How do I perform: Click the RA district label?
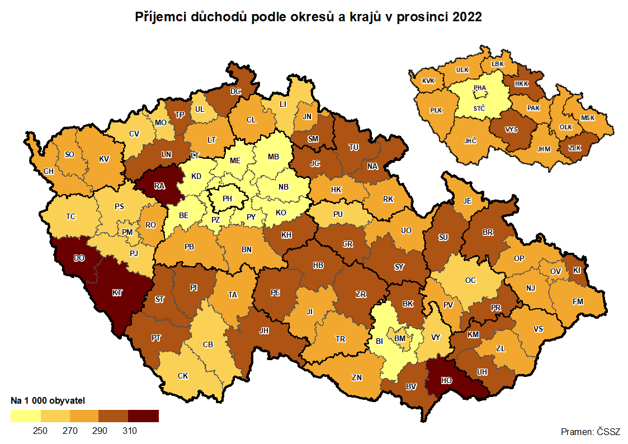point(159,186)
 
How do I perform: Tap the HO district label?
point(446,380)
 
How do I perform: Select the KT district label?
point(117,292)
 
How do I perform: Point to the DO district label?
point(79,258)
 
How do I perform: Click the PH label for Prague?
point(228,199)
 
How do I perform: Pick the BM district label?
point(400,338)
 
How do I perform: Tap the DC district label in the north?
point(236,91)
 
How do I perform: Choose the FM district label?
point(578,301)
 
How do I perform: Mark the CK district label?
point(183,376)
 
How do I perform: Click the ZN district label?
point(357,377)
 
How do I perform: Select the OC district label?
point(471,280)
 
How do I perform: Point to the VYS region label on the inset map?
point(511,129)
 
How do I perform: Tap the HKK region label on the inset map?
point(521,83)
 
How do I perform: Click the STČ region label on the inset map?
point(479,108)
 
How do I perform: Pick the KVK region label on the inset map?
point(428,81)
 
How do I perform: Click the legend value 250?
point(40,431)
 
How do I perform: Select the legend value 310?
point(129,431)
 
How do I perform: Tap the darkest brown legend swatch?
point(144,415)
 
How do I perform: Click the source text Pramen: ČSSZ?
point(590,432)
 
